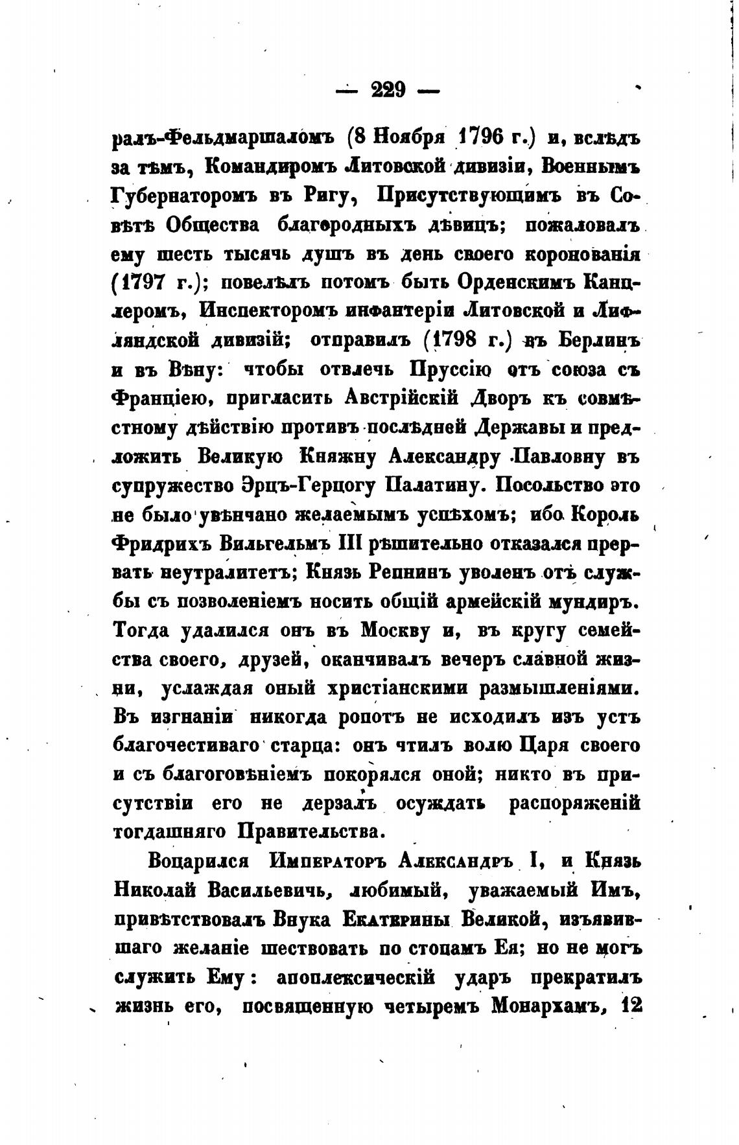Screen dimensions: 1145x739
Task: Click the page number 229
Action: click(388, 89)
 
